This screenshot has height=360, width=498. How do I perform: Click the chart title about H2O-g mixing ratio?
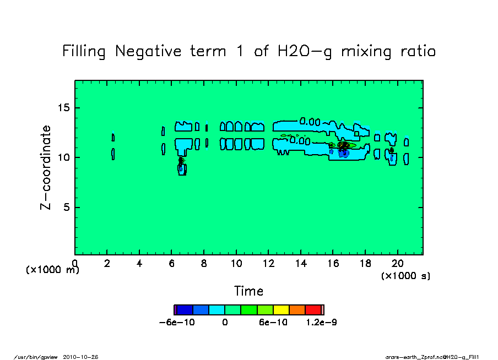point(249,52)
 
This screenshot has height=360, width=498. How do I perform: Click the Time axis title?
point(248,291)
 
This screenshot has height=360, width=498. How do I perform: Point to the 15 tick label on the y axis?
point(63,107)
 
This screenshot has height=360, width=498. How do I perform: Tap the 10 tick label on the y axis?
point(63,157)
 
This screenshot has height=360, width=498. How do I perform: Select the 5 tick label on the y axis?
point(67,208)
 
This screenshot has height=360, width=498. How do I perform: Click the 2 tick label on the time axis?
point(107,263)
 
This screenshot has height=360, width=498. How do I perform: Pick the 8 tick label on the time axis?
point(204,263)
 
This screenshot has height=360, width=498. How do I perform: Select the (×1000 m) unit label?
point(53,270)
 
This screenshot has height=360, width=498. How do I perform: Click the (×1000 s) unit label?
point(405,275)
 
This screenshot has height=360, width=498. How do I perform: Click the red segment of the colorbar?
point(313,310)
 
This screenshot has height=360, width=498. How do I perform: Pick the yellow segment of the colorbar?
point(282,310)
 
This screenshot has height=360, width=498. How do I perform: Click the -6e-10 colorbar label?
point(177,323)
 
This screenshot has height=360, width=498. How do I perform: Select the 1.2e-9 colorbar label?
point(321,323)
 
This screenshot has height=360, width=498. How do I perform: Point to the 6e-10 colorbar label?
point(273,323)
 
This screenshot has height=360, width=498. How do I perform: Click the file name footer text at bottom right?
point(434,357)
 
